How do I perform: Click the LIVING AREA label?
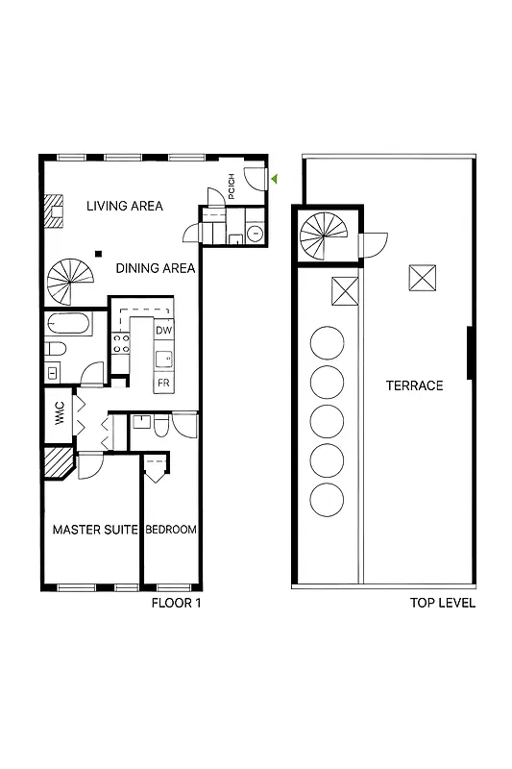coord(124,206)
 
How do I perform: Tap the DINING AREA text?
coord(156,268)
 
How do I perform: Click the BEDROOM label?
coord(171,530)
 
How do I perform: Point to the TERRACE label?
coord(414,385)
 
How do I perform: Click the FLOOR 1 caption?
coord(176,604)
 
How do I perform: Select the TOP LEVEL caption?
coord(442,604)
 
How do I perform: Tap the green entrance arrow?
coord(274,179)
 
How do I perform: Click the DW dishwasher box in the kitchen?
coord(163,331)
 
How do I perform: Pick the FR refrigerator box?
coord(163,382)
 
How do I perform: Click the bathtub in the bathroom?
coord(68,323)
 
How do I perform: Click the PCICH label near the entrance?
coord(232,184)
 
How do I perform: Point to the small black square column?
coord(98,253)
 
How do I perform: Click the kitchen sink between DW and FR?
coord(164,359)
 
